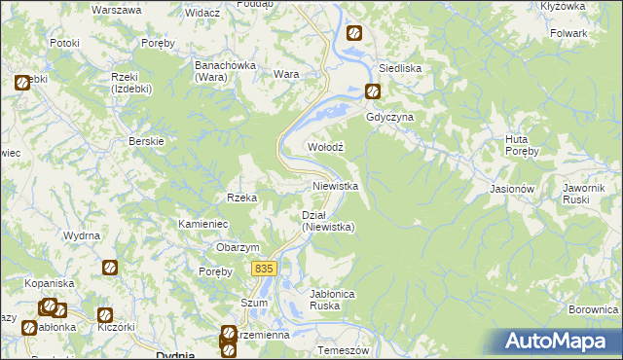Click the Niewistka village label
pos(336,185)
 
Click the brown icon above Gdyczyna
pos(373,92)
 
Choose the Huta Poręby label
pos(516,145)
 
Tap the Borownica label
pos(594,308)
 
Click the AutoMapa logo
pos(560,342)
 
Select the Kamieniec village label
pos(202,224)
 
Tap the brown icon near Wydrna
pos(110,267)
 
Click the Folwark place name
pos(568,33)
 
